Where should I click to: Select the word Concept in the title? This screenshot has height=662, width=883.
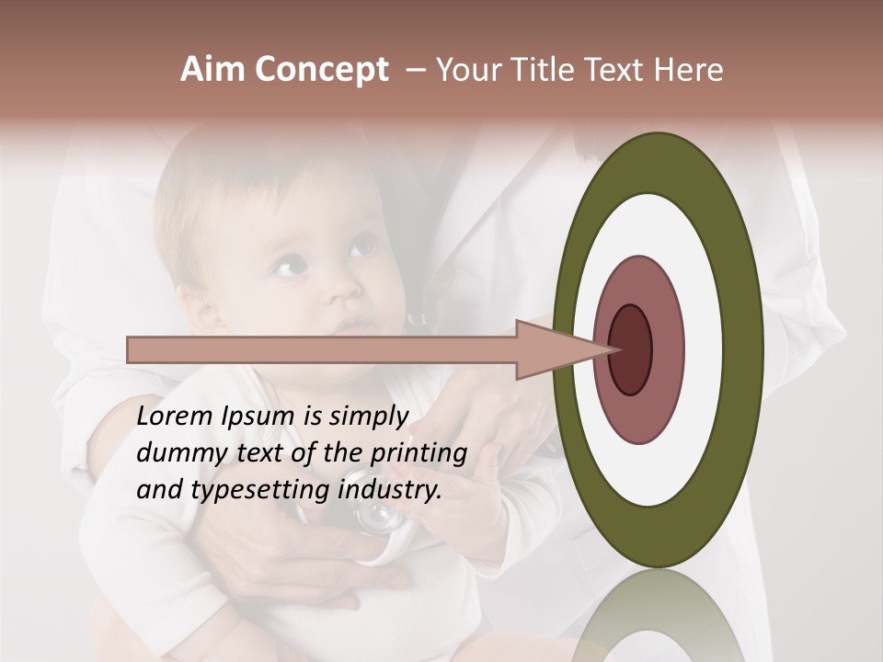click(321, 70)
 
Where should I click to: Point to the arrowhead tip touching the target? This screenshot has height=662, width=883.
click(614, 349)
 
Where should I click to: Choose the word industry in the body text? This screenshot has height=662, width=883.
click(390, 488)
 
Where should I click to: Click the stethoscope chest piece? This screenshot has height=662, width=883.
click(378, 519)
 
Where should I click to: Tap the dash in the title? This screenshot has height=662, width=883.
click(415, 70)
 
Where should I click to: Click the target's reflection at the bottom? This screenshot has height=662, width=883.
click(658, 616)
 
